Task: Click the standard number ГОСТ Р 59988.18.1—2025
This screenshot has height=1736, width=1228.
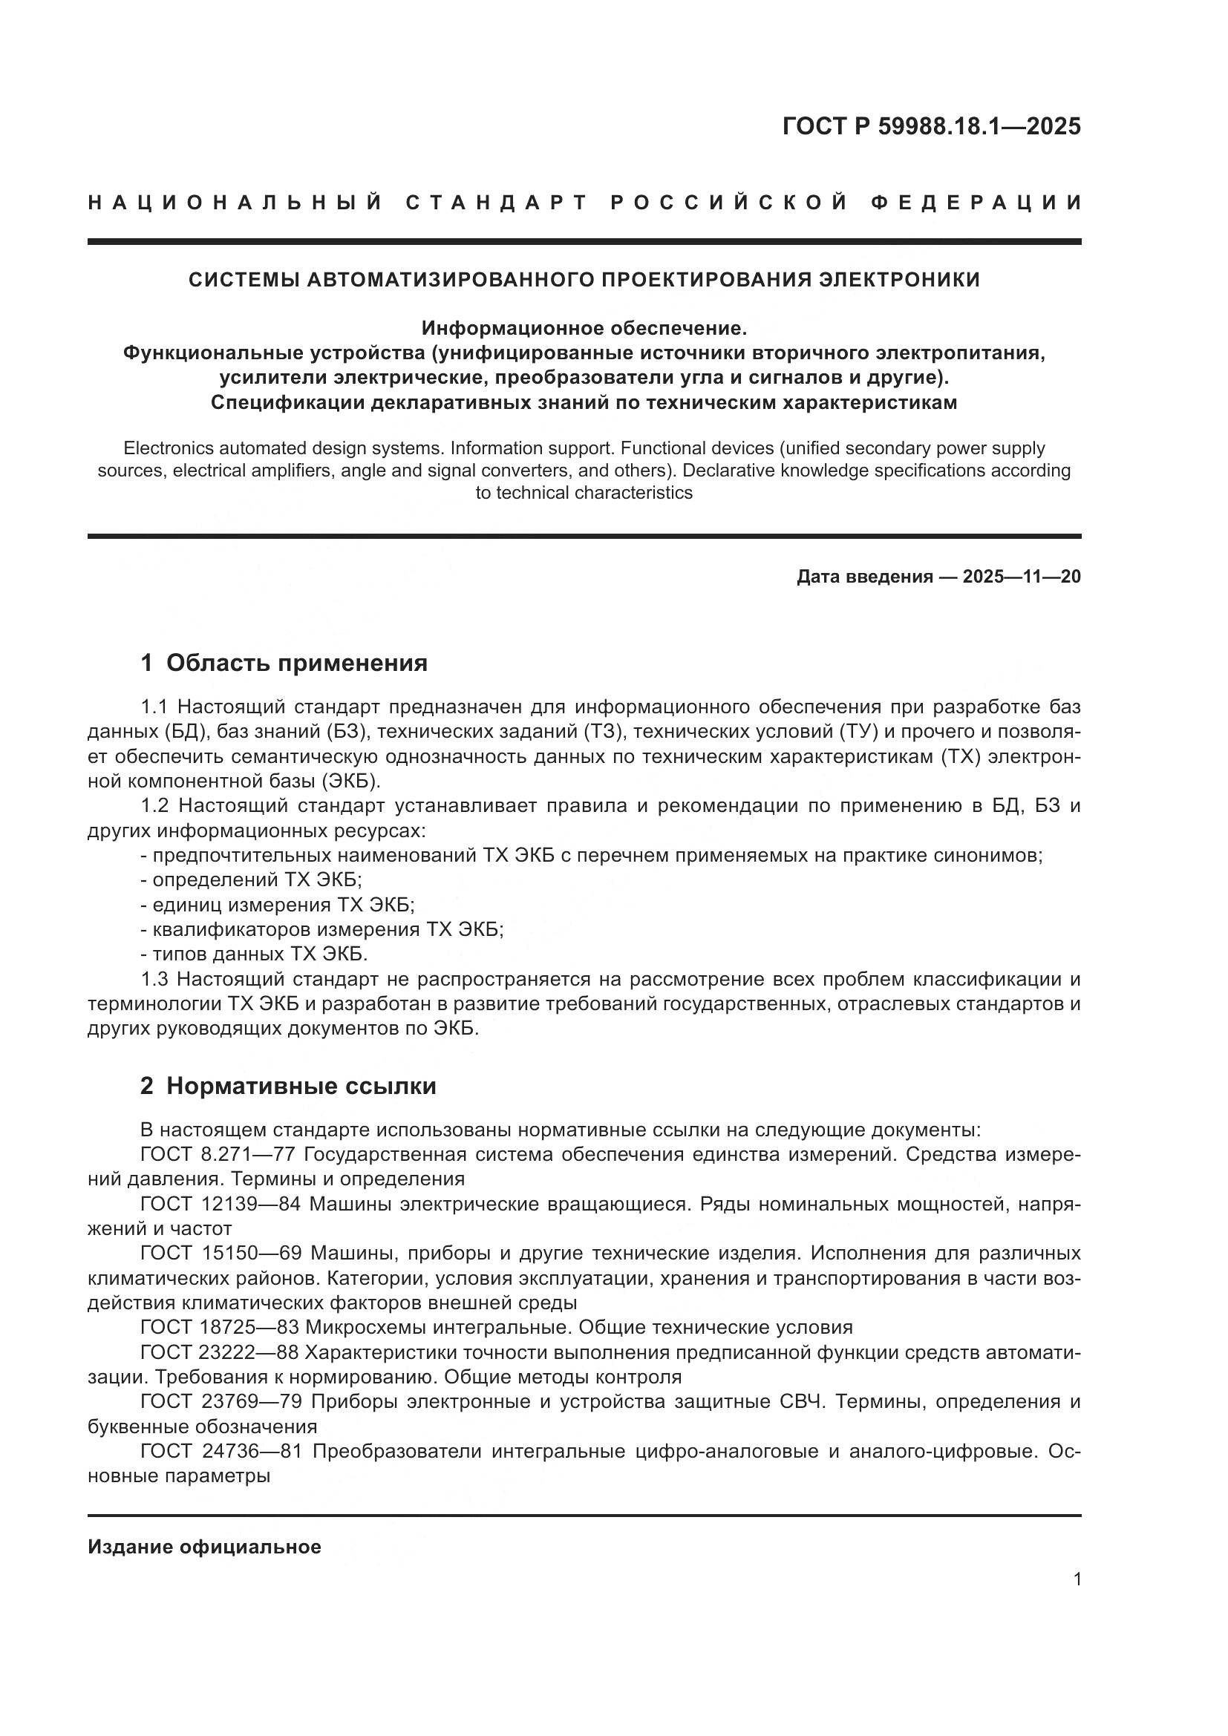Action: (x=931, y=126)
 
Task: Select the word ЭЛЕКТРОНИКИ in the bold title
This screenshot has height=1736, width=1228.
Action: (x=900, y=280)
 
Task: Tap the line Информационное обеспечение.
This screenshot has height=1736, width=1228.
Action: (x=584, y=328)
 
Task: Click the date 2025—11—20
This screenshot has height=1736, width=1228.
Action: (x=1021, y=577)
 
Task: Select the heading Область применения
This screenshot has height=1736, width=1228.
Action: (x=296, y=663)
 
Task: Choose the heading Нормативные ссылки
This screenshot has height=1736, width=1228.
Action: (x=301, y=1087)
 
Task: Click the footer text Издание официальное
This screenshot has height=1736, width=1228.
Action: (x=204, y=1547)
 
